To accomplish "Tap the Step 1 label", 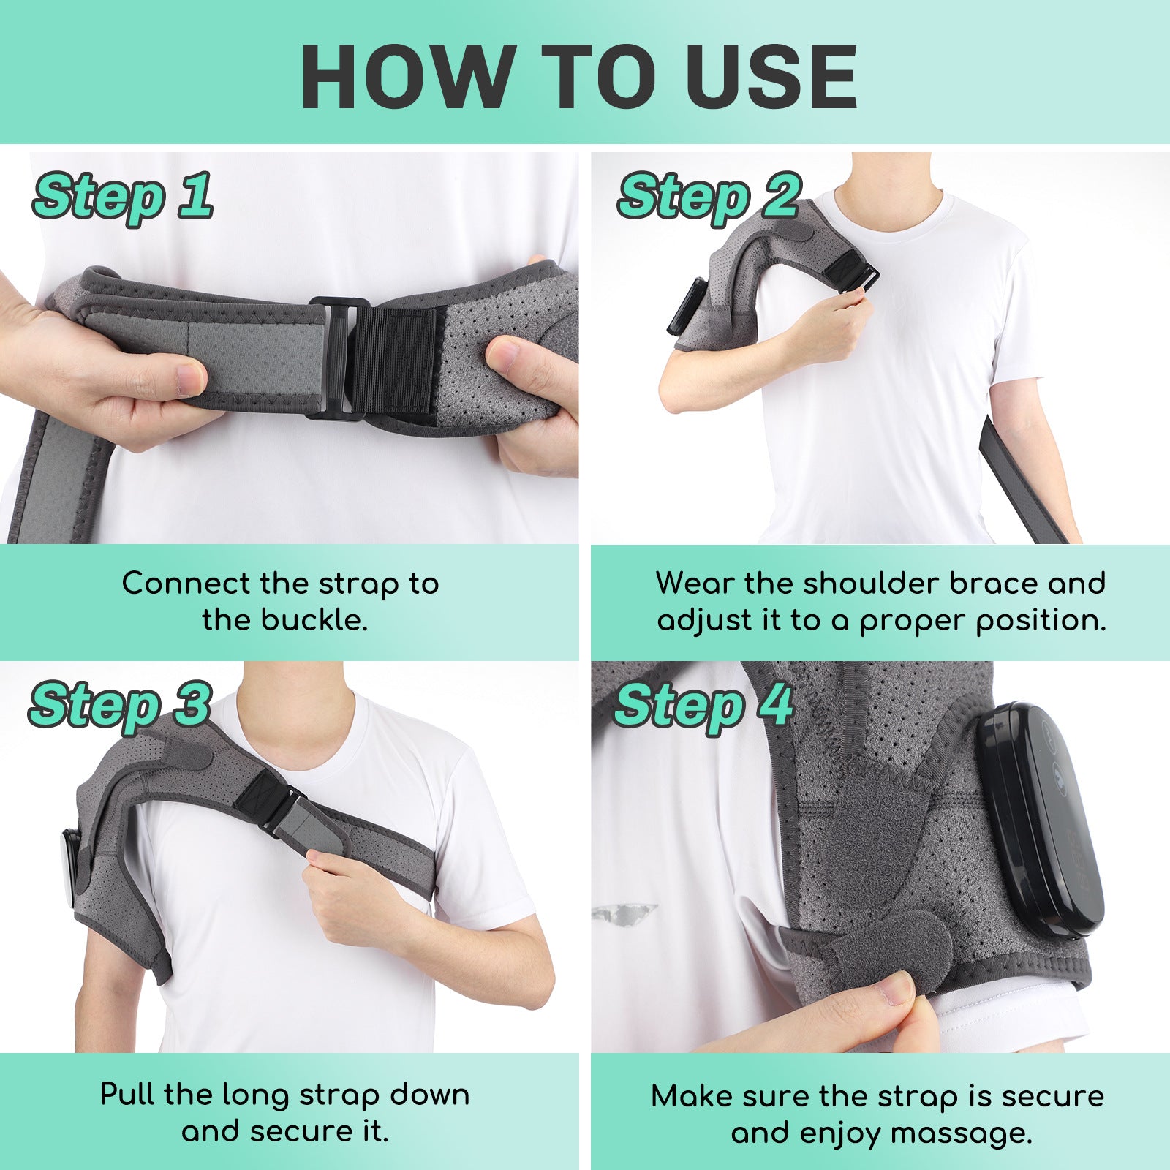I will click(x=123, y=196).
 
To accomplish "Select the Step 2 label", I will click(x=708, y=196).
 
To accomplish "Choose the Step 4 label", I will click(x=703, y=705).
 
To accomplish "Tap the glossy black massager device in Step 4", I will click(x=1038, y=819).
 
